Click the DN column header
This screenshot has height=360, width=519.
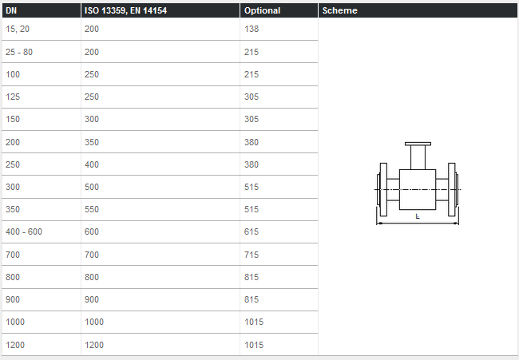click(11, 11)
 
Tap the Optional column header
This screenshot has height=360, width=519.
click(262, 11)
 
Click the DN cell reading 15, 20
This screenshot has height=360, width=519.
click(18, 29)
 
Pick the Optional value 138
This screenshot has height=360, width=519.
click(252, 29)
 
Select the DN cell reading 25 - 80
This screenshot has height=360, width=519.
click(19, 52)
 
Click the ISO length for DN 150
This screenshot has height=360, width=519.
click(92, 119)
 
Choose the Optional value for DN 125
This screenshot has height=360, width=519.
click(252, 97)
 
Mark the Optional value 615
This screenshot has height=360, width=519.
click(252, 231)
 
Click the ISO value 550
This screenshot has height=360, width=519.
click(92, 209)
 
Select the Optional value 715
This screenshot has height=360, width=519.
click(252, 254)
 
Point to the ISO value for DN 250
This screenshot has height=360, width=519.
click(92, 164)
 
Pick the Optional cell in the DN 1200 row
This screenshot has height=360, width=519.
click(254, 345)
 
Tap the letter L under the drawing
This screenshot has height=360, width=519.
click(418, 216)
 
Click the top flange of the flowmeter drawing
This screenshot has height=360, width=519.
click(418, 144)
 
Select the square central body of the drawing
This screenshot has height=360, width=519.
click(417, 188)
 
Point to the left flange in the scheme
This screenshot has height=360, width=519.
click(381, 190)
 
